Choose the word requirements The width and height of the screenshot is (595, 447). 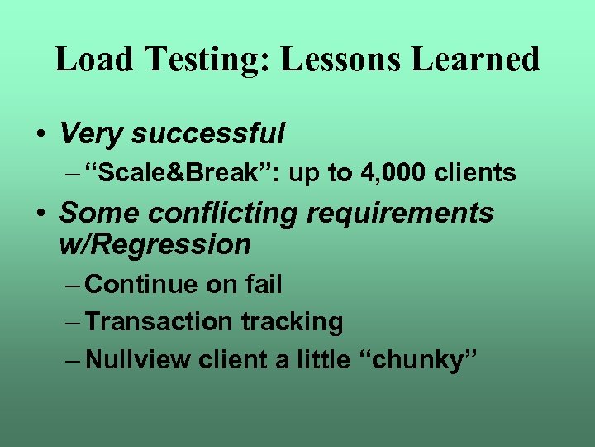click(401, 214)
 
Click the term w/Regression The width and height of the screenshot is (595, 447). click(155, 244)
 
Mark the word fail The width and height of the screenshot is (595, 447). click(264, 285)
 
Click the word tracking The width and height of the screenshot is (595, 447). click(292, 321)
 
